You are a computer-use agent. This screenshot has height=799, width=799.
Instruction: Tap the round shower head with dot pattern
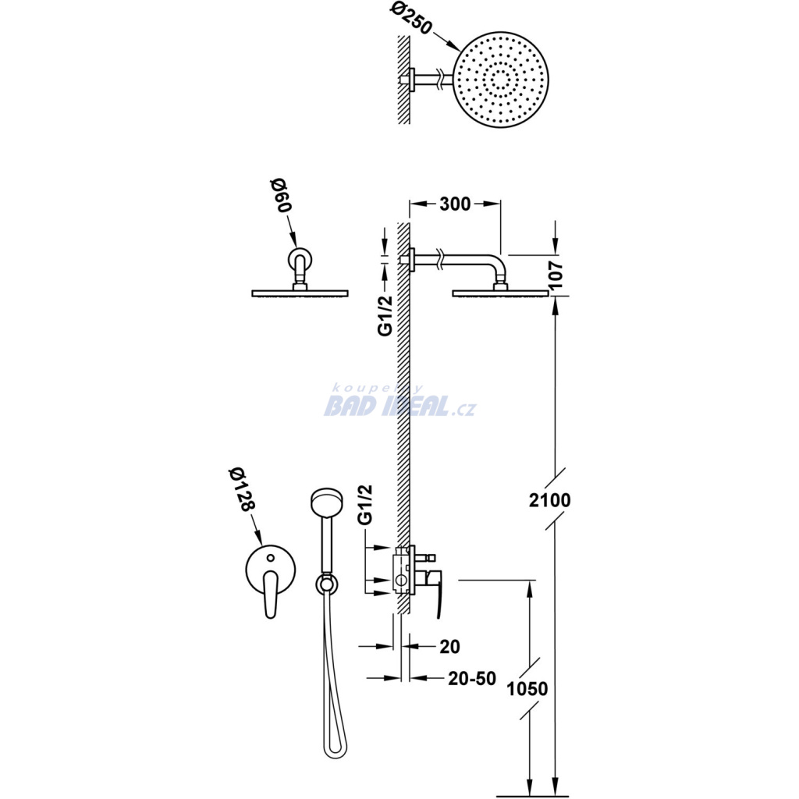[501, 80]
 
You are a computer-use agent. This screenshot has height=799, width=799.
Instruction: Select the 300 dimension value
[455, 204]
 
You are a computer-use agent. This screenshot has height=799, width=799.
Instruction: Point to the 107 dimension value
[556, 275]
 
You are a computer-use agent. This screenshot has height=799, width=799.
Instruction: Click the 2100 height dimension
[550, 500]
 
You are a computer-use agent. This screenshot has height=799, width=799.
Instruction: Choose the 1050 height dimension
[527, 689]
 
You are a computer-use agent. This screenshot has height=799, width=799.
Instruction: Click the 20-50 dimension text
[472, 678]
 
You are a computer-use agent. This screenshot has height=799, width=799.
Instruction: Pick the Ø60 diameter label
[281, 196]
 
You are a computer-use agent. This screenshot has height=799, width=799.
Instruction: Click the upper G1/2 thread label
[385, 315]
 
